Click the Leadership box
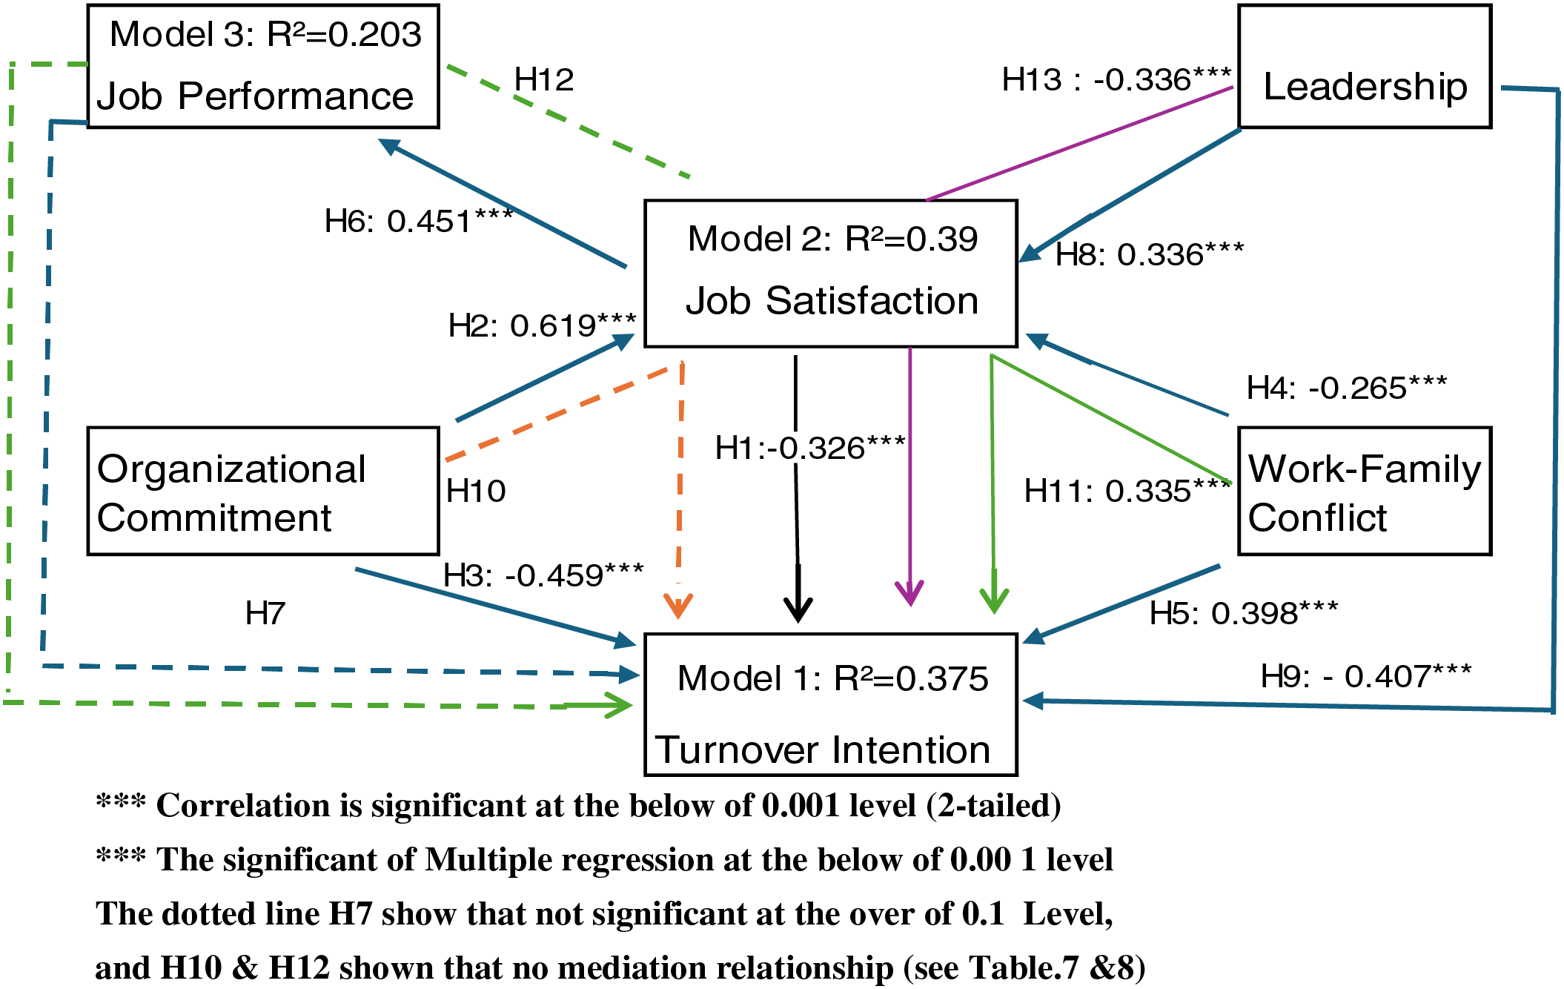pyautogui.click(x=1364, y=67)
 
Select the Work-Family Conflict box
pyautogui.click(x=1364, y=491)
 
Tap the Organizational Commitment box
pyautogui.click(x=263, y=491)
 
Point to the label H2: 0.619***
pyautogui.click(x=542, y=325)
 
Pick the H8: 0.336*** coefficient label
pyautogui.click(x=1150, y=254)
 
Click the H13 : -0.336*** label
pyautogui.click(x=1116, y=79)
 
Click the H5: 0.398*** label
pyautogui.click(x=1244, y=613)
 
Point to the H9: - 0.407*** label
pyautogui.click(x=1366, y=676)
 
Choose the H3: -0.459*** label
pyautogui.click(x=543, y=575)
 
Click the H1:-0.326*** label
pyautogui.click(x=810, y=448)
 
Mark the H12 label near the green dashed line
pyautogui.click(x=544, y=79)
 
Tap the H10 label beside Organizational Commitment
pyautogui.click(x=476, y=491)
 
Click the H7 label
pyautogui.click(x=265, y=613)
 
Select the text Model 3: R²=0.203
pyautogui.click(x=265, y=34)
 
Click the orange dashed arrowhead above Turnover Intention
pyautogui.click(x=678, y=606)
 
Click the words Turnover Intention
pyautogui.click(x=823, y=750)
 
